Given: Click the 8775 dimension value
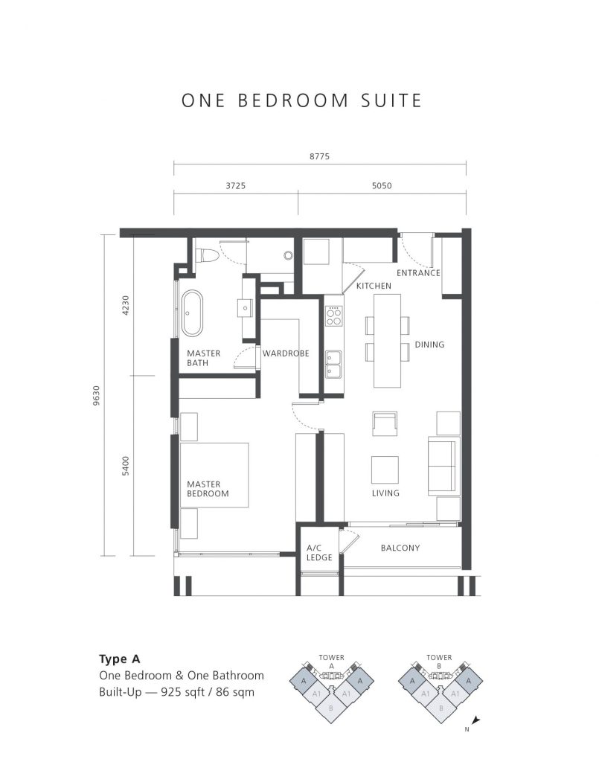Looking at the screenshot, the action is pyautogui.click(x=319, y=156).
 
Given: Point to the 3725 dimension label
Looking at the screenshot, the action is pyautogui.click(x=236, y=185).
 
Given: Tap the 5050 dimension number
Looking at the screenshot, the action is pyautogui.click(x=382, y=185).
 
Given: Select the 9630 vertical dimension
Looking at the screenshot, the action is pyautogui.click(x=96, y=395).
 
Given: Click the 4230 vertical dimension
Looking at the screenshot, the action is pyautogui.click(x=126, y=305).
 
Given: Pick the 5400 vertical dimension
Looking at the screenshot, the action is pyautogui.click(x=126, y=466).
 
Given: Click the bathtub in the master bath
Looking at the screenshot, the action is pyautogui.click(x=193, y=313).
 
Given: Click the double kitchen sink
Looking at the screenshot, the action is pyautogui.click(x=334, y=365).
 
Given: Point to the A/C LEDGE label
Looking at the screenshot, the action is pyautogui.click(x=319, y=553).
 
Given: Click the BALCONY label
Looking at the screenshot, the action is pyautogui.click(x=400, y=548).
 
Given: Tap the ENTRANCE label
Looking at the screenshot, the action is pyautogui.click(x=418, y=273).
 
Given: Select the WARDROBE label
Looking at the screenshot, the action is pyautogui.click(x=286, y=353).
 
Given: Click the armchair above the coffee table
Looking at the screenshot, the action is pyautogui.click(x=385, y=424).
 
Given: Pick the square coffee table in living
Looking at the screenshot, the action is pyautogui.click(x=385, y=470).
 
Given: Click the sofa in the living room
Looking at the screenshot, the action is pyautogui.click(x=443, y=466).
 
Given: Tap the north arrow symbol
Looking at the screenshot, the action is pyautogui.click(x=475, y=720).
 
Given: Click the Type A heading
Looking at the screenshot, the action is pyautogui.click(x=120, y=659).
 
